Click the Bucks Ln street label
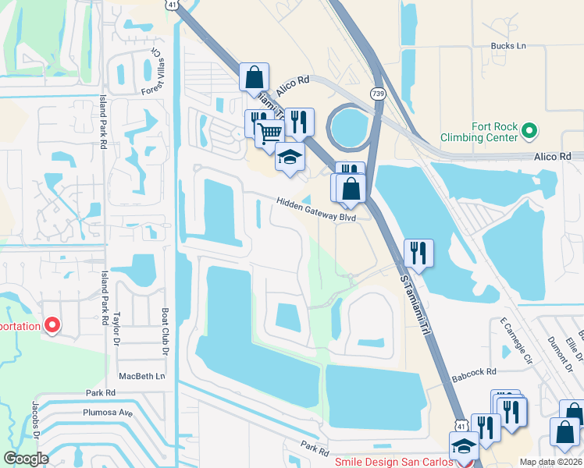(x=509, y=46)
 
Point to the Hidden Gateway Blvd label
(x=315, y=209)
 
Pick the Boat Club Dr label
(x=166, y=331)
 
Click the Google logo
(x=26, y=459)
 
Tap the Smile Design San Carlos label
(x=393, y=462)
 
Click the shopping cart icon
(x=269, y=133)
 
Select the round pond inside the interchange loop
(x=351, y=126)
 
